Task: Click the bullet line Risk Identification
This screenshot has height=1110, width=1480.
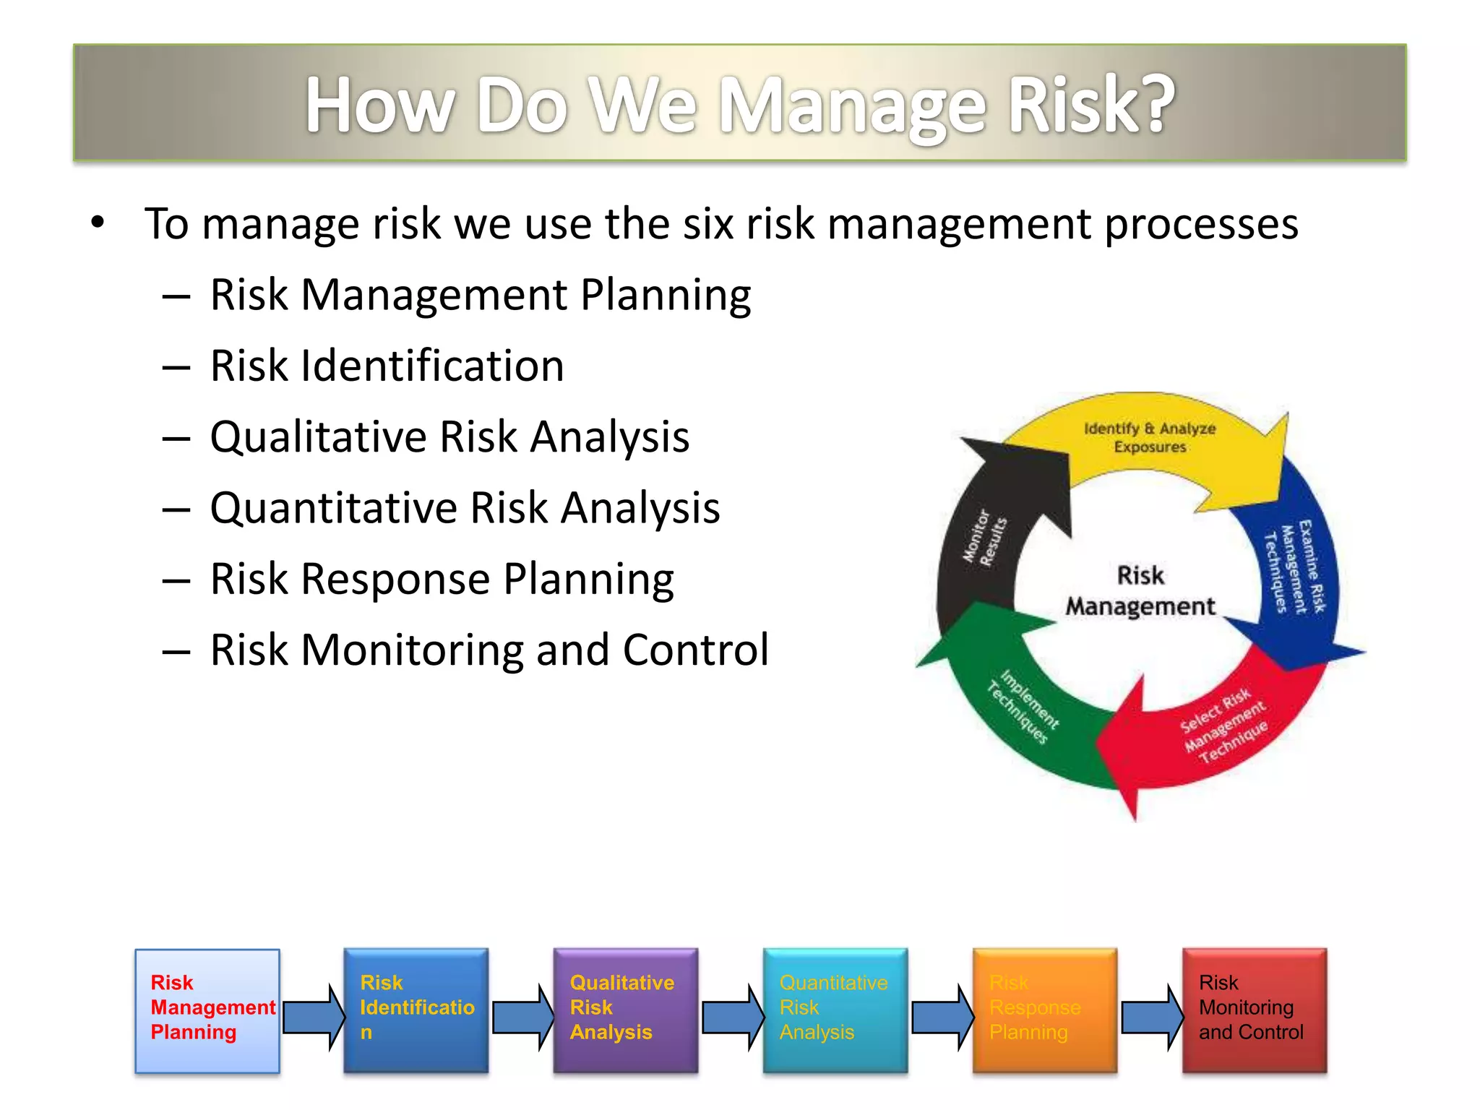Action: (x=387, y=366)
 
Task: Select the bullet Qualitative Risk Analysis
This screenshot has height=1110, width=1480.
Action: (x=449, y=436)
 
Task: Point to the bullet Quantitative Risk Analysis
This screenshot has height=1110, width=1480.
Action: (x=465, y=507)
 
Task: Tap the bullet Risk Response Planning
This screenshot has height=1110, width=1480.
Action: (x=442, y=579)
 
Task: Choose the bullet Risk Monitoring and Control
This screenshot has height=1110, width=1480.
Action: (x=489, y=650)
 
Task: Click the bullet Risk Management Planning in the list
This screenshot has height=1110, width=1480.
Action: (x=481, y=295)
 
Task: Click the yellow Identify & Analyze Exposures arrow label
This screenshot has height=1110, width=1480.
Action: (x=1149, y=438)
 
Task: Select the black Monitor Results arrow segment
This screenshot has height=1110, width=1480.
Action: (x=984, y=538)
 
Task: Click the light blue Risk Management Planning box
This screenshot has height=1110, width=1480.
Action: (x=207, y=1010)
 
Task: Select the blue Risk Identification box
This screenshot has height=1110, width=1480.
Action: (x=416, y=1010)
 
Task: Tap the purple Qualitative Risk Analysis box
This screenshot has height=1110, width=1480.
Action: (x=626, y=1010)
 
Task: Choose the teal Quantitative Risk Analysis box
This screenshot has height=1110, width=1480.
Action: (x=835, y=1010)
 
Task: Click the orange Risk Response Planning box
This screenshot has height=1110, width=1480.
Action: (x=1045, y=1010)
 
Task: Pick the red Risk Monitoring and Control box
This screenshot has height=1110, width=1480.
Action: (x=1255, y=1010)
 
